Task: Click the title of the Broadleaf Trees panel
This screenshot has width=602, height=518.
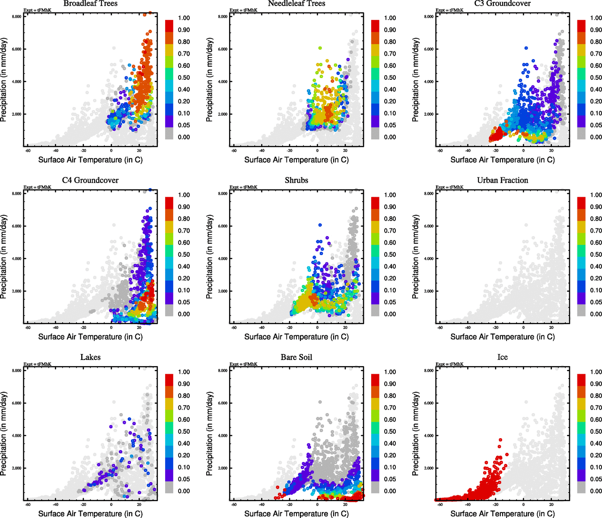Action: (90, 3)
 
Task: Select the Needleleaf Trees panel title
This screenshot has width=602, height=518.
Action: (296, 3)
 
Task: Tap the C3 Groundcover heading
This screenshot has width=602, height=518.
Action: (502, 3)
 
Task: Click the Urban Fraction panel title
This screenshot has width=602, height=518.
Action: (502, 180)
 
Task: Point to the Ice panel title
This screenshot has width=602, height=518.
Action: (502, 357)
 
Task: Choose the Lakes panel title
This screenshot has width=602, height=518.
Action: (90, 357)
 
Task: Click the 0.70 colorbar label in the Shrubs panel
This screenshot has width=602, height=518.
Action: (390, 231)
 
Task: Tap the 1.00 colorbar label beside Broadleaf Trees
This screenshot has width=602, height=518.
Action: (184, 18)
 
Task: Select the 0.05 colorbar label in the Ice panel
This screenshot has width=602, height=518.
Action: (596, 479)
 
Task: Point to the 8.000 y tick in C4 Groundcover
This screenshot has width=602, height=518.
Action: (16, 194)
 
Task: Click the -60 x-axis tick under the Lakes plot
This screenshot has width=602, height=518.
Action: (28, 504)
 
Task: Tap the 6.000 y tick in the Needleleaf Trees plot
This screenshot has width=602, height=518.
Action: (223, 49)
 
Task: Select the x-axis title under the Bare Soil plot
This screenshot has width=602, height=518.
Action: (296, 514)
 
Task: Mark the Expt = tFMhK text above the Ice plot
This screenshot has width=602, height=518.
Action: (449, 364)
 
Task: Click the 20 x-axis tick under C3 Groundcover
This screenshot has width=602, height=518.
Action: (551, 150)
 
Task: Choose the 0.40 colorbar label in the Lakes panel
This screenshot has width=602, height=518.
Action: (184, 443)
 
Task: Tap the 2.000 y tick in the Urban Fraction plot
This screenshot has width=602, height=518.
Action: (429, 291)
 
